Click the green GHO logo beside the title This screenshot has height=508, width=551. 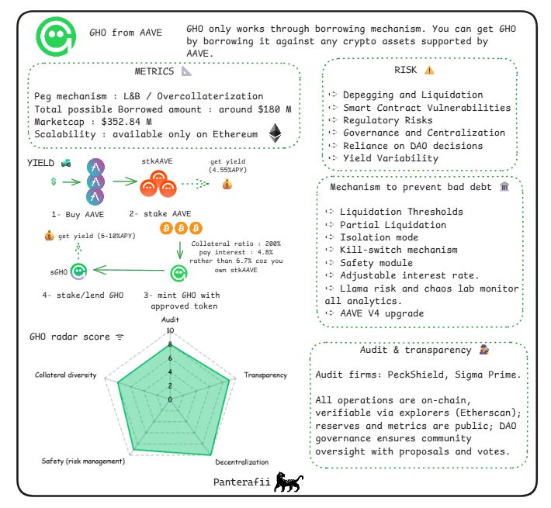pyautogui.click(x=56, y=36)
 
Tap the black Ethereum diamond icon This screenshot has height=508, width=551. pyautogui.click(x=275, y=133)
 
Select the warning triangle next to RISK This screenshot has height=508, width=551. pyautogui.click(x=429, y=71)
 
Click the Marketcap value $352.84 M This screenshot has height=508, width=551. pyautogui.click(x=126, y=122)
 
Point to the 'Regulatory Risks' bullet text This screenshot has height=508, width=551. pyautogui.click(x=387, y=120)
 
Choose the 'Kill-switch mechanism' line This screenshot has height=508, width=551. pyautogui.click(x=398, y=250)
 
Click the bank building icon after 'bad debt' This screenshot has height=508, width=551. pyautogui.click(x=504, y=186)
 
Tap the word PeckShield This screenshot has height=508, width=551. pyautogui.click(x=417, y=375)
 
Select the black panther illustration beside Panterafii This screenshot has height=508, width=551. pyautogui.click(x=288, y=482)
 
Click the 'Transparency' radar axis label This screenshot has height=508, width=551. pyautogui.click(x=265, y=375)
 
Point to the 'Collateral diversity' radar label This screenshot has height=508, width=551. pyautogui.click(x=66, y=375)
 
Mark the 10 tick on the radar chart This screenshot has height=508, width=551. pyautogui.click(x=170, y=330)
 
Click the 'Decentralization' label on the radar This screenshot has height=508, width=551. pyautogui.click(x=242, y=462)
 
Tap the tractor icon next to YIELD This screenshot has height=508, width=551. pyautogui.click(x=66, y=163)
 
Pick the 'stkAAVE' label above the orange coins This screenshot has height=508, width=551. pyautogui.click(x=157, y=161)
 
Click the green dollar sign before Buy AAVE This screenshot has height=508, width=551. pyautogui.click(x=54, y=181)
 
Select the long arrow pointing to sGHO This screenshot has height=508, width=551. pyautogui.click(x=129, y=270)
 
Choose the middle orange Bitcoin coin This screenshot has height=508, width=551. pyautogui.click(x=182, y=228)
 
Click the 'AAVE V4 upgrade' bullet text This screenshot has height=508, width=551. pyautogui.click(x=382, y=313)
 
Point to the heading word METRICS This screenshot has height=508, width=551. pyautogui.click(x=154, y=71)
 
